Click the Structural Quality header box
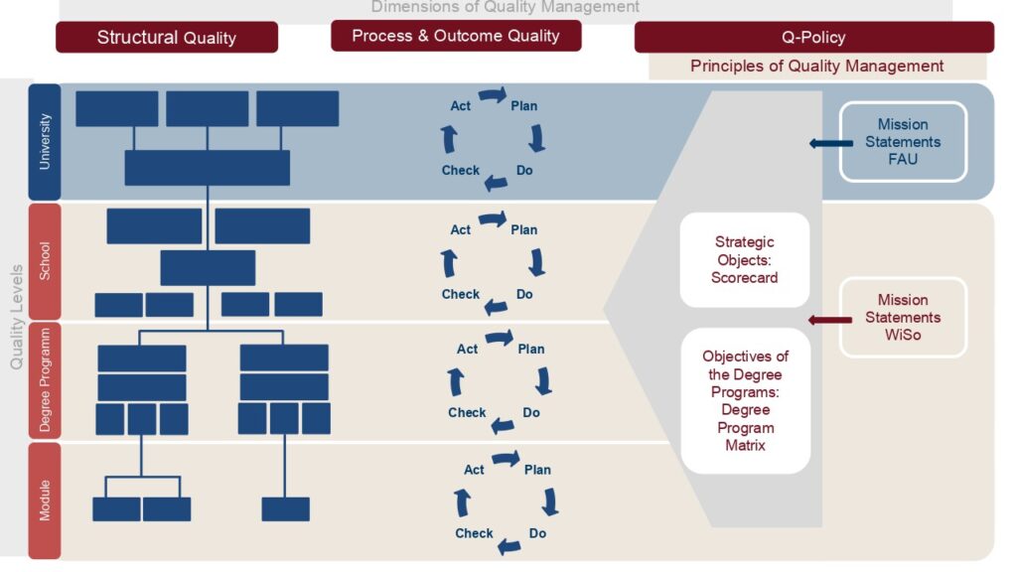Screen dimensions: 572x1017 tap(167, 38)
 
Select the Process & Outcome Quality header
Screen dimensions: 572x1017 tap(456, 36)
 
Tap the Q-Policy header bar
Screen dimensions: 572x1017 tap(813, 37)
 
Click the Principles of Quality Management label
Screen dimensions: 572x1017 tap(816, 67)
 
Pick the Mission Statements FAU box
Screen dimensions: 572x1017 tap(903, 142)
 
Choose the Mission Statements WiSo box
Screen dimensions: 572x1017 tap(903, 318)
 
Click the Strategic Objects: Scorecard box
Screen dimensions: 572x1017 tap(744, 260)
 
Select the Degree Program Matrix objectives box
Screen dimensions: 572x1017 tap(746, 400)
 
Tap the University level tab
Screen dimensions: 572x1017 tap(45, 142)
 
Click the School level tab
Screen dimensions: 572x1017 tap(45, 260)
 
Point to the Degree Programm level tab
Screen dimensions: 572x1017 tap(45, 380)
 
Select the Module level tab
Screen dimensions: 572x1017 tap(45, 500)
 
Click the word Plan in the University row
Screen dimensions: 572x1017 tap(523, 106)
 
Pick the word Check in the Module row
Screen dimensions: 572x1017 tap(474, 533)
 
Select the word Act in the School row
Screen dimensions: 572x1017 tap(461, 229)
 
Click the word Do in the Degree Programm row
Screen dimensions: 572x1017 tap(531, 412)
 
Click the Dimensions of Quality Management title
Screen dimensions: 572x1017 tap(506, 8)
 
